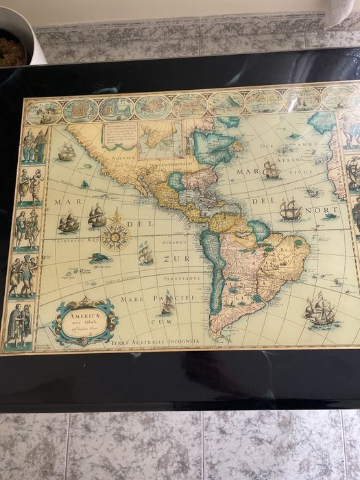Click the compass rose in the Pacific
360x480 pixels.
115,236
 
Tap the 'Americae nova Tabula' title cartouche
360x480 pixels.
85,321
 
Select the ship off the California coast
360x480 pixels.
67,152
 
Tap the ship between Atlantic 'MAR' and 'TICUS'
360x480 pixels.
271,169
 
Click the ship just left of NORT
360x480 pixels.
290,209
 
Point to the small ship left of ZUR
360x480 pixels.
145,254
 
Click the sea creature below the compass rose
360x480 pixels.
100,259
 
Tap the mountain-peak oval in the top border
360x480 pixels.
226,103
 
